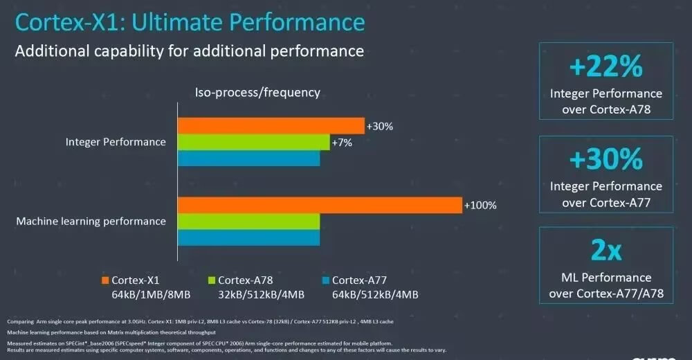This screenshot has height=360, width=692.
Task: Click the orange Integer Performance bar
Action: click(x=271, y=125)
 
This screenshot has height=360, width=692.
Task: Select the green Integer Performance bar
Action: click(x=253, y=142)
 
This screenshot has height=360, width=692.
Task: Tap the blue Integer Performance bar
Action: click(x=248, y=159)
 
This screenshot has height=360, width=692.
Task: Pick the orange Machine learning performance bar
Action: click(x=319, y=205)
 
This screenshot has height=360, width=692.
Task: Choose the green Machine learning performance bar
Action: click(x=248, y=222)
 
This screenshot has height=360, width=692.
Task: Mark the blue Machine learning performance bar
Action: click(x=248, y=237)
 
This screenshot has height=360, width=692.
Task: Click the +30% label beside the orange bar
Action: click(x=379, y=126)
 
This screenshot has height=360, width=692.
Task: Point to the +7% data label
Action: click(x=343, y=142)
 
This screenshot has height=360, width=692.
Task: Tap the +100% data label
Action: click(x=480, y=206)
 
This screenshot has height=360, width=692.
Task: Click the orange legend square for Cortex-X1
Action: click(x=104, y=280)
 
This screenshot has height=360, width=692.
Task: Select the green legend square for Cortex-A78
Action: click(x=212, y=280)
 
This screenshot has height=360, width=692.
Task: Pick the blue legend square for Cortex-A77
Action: click(x=325, y=280)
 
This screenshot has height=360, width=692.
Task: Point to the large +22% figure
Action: click(x=606, y=67)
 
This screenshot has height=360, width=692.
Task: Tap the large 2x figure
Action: click(x=606, y=251)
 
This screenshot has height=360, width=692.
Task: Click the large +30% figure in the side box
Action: click(x=606, y=160)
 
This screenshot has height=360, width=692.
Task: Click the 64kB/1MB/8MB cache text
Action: click(x=150, y=295)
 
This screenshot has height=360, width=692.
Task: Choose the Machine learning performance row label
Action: click(x=91, y=222)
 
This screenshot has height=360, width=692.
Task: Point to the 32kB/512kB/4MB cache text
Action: click(x=261, y=295)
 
